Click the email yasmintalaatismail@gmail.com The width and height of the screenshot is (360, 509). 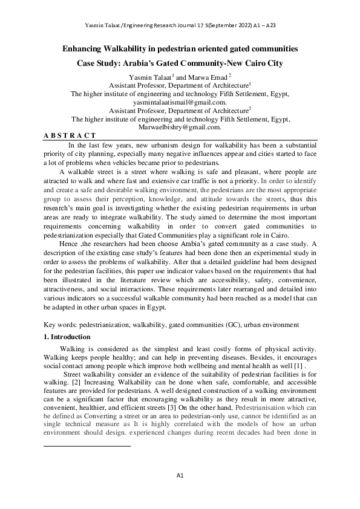(180, 103)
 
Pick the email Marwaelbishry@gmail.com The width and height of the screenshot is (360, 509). (180, 128)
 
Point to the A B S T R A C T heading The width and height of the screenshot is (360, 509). (70, 136)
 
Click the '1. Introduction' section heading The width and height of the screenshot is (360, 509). (68, 337)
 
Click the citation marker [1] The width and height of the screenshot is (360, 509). (308, 366)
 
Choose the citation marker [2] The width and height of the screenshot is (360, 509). (76, 383)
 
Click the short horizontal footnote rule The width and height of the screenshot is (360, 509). (88, 447)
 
